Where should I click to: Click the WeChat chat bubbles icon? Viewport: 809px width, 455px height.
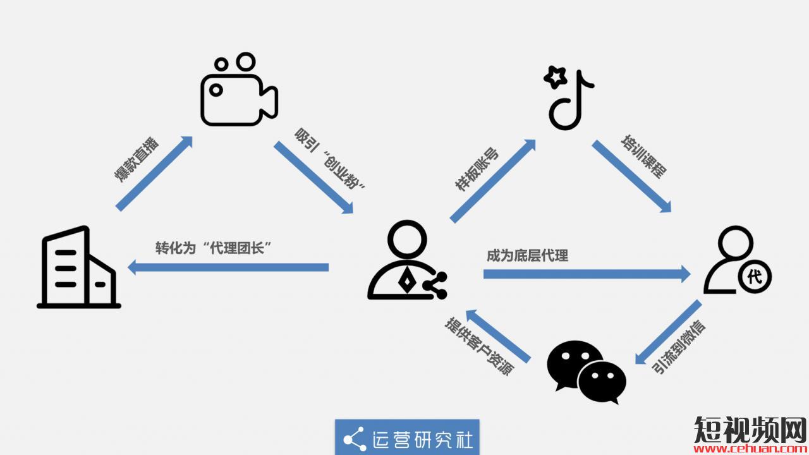coord(587,372)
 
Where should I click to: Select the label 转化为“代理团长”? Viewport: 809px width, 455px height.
coord(218,248)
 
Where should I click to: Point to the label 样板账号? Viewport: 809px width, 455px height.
coord(477,170)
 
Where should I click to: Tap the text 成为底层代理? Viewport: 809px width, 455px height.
coord(527,256)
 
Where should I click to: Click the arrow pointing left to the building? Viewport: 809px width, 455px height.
coord(228,268)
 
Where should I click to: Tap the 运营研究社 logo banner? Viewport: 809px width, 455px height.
coord(407,437)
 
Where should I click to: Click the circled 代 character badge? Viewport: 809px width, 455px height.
coord(754,276)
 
